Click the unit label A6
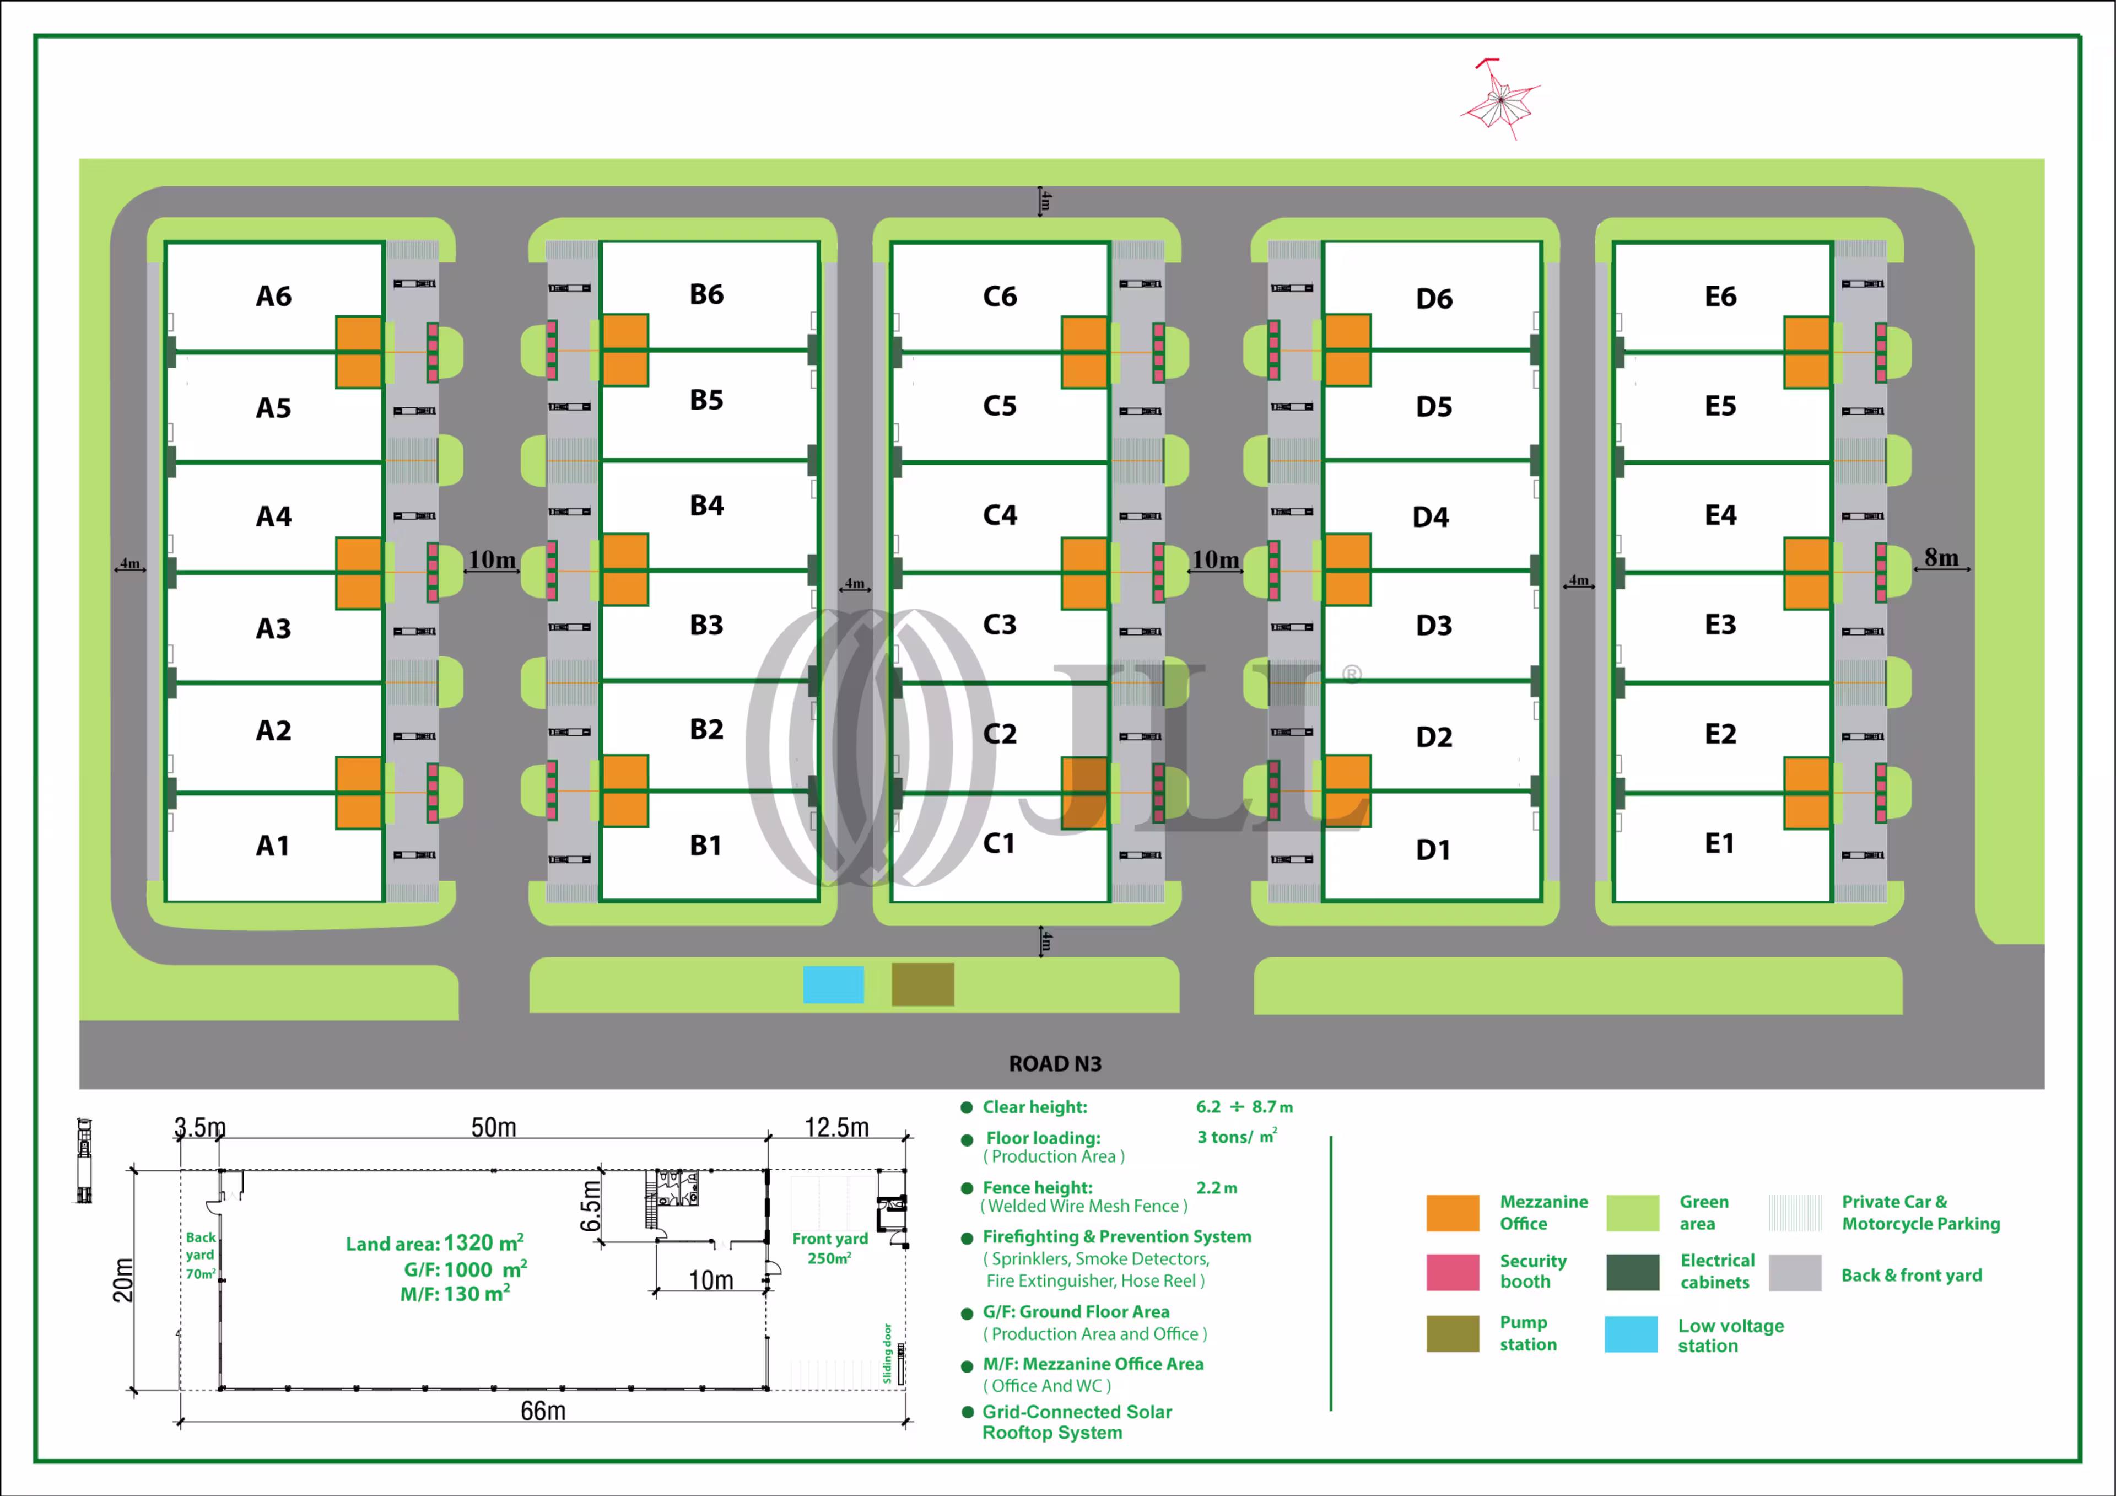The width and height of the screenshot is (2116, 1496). [274, 296]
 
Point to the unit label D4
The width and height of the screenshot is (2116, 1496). [1431, 517]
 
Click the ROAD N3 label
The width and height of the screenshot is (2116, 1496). [1055, 1064]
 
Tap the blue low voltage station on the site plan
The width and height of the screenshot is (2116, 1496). [833, 984]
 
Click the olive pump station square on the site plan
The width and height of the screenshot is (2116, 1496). [922, 984]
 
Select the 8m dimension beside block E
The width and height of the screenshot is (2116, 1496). [1941, 558]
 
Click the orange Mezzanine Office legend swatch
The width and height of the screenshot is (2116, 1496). [1453, 1212]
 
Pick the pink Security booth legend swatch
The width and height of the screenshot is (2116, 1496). [1453, 1272]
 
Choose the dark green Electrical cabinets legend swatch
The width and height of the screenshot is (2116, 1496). [1632, 1272]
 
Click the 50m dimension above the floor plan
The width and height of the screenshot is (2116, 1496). [494, 1127]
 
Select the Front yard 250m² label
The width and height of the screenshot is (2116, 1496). [829, 1248]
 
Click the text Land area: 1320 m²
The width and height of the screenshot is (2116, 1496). [435, 1244]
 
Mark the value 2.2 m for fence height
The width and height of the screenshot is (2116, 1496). [1217, 1188]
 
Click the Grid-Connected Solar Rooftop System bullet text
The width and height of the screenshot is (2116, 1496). [1076, 1422]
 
